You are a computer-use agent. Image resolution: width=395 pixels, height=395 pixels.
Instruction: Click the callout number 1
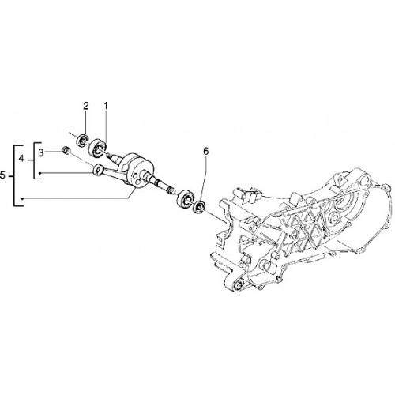pyautogui.click(x=106, y=106)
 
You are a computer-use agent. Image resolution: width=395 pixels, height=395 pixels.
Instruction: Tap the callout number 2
pyautogui.click(x=86, y=106)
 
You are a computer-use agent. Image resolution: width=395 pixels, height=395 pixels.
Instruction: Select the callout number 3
pyautogui.click(x=41, y=152)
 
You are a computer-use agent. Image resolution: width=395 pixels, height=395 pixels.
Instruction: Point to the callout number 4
pyautogui.click(x=21, y=159)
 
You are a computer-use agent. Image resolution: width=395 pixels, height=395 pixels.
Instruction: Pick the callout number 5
pyautogui.click(x=2, y=175)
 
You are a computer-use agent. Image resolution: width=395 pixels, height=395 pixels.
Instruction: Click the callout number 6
pyautogui.click(x=205, y=151)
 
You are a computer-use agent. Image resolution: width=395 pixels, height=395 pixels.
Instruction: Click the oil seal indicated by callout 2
pyautogui.click(x=82, y=139)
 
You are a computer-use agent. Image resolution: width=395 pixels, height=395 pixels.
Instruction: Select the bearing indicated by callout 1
pyautogui.click(x=97, y=149)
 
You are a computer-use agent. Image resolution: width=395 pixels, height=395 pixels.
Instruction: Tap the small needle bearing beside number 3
pyautogui.click(x=66, y=151)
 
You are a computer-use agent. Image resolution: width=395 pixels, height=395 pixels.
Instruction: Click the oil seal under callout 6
pyautogui.click(x=200, y=206)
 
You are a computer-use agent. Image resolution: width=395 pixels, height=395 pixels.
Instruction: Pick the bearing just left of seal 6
pyautogui.click(x=186, y=198)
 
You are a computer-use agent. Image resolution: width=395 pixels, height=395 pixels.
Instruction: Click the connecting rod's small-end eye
pyautogui.click(x=98, y=170)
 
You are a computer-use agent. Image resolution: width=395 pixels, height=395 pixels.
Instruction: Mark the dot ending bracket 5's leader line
pyautogui.click(x=23, y=198)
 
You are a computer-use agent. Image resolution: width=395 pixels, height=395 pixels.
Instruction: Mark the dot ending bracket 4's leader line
pyautogui.click(x=39, y=173)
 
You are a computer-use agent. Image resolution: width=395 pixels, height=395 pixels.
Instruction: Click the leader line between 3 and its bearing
pyautogui.click(x=54, y=152)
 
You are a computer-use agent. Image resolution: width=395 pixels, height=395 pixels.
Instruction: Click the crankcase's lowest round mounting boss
pyautogui.click(x=239, y=287)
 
